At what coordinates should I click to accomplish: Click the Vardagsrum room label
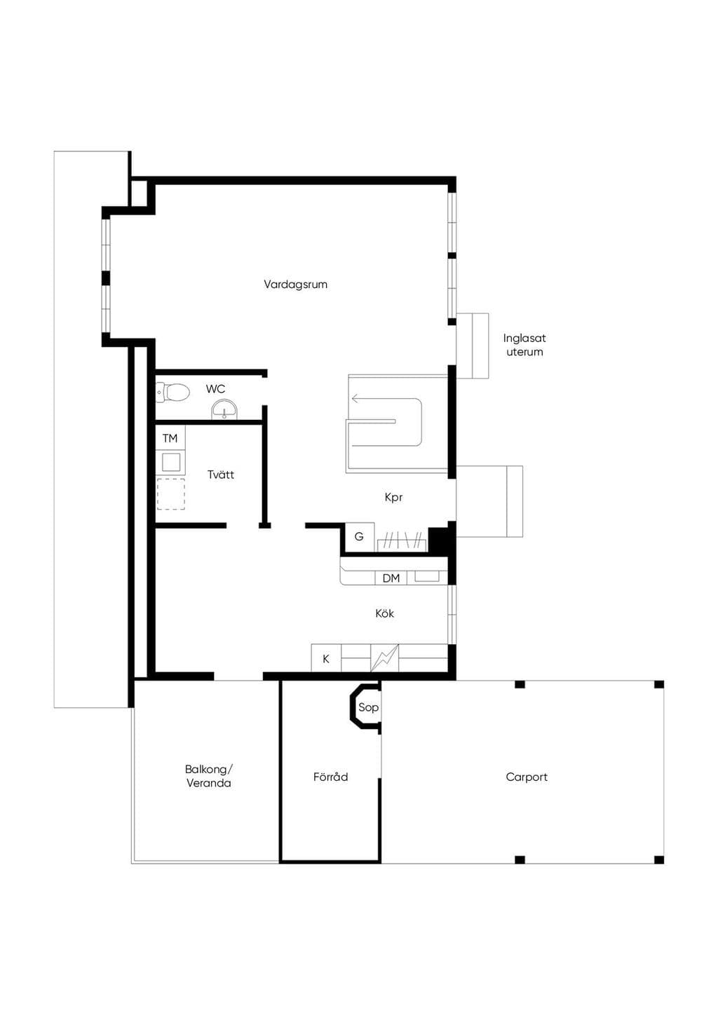pyautogui.click(x=295, y=285)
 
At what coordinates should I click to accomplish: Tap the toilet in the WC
pyautogui.click(x=172, y=393)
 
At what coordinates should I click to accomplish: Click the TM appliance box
pyautogui.click(x=170, y=438)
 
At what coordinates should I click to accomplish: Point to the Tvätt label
pyautogui.click(x=221, y=475)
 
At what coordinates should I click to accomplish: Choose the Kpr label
pyautogui.click(x=393, y=497)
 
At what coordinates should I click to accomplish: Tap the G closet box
pyautogui.click(x=360, y=536)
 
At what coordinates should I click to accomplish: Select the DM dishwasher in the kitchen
pyautogui.click(x=391, y=578)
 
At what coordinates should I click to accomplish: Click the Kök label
pyautogui.click(x=384, y=613)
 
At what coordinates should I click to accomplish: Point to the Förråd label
pyautogui.click(x=330, y=777)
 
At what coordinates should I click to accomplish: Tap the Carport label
pyautogui.click(x=527, y=777)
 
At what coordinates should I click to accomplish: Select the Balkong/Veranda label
pyautogui.click(x=208, y=776)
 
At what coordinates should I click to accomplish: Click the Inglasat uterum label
pyautogui.click(x=524, y=345)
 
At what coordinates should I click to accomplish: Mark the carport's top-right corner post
pyautogui.click(x=659, y=684)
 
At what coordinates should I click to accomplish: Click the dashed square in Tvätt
pyautogui.click(x=171, y=494)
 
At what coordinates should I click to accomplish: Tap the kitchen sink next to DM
pyautogui.click(x=427, y=576)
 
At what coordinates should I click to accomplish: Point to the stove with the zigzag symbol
pyautogui.click(x=385, y=658)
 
